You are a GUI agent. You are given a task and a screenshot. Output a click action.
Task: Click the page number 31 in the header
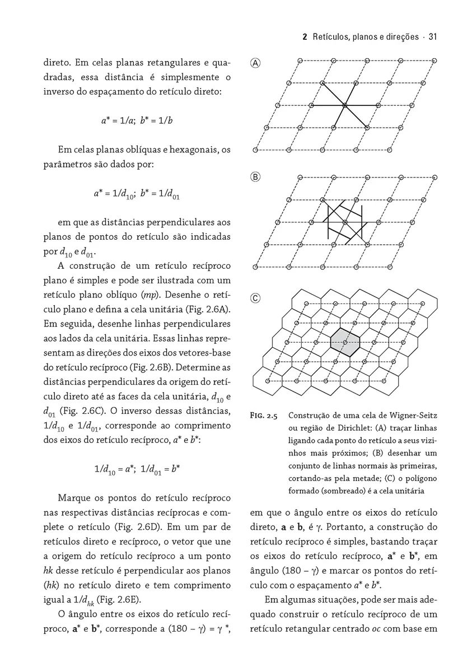tap(432, 37)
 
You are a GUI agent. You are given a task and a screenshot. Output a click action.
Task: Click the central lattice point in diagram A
tap(345, 105)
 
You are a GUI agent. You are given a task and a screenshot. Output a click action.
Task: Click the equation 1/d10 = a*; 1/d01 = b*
tap(137, 469)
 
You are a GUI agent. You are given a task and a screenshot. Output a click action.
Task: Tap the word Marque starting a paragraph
tap(77, 498)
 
